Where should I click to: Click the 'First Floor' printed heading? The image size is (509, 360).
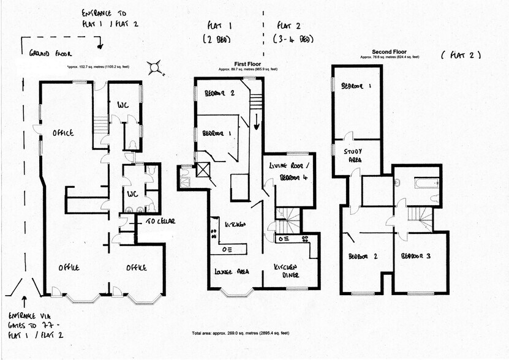point(249,64)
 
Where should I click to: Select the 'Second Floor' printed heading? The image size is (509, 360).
point(389,51)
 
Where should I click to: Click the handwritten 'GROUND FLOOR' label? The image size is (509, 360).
point(51,53)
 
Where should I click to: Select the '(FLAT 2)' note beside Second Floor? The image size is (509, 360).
point(461,55)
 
